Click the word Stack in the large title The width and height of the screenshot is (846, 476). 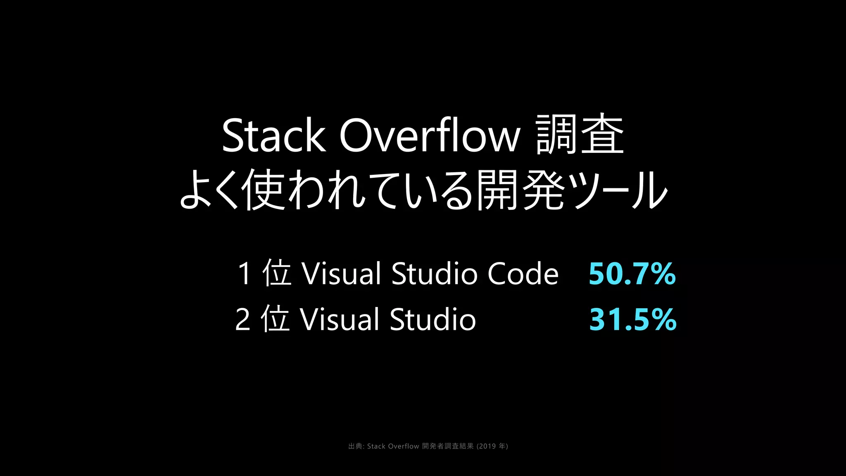pyautogui.click(x=273, y=136)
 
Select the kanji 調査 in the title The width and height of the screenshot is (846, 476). pyautogui.click(x=580, y=135)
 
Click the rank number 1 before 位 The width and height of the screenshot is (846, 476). pyautogui.click(x=244, y=274)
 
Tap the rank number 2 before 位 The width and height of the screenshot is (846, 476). pyautogui.click(x=243, y=319)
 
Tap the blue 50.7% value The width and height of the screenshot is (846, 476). pyautogui.click(x=632, y=274)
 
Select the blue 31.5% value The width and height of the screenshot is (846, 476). pyautogui.click(x=633, y=319)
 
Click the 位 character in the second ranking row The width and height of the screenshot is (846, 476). pyautogui.click(x=275, y=319)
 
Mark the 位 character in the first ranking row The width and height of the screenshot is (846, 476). pyautogui.click(x=276, y=273)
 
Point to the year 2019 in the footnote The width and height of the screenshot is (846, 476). pyautogui.click(x=487, y=446)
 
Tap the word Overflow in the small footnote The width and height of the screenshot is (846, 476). pyautogui.click(x=404, y=446)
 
